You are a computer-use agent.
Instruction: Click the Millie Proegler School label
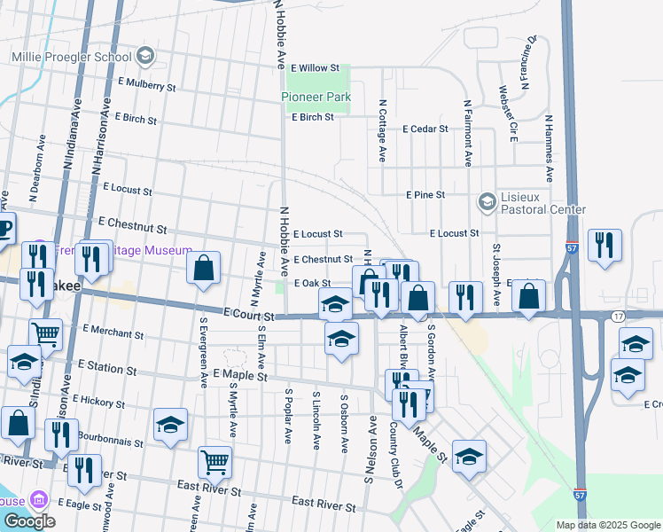[x=71, y=57]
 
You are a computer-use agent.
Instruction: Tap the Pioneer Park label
[x=316, y=97]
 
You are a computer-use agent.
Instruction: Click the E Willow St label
[x=316, y=67]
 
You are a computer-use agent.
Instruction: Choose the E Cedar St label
[x=425, y=129]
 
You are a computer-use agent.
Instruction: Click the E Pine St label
[x=425, y=194]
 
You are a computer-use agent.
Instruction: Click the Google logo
[x=29, y=520]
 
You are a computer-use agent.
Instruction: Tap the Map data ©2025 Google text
[x=608, y=525]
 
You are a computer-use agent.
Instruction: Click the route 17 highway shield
[x=618, y=317]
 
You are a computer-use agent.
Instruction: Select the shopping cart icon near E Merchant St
[x=46, y=335]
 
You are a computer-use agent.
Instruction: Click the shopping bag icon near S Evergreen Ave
[x=203, y=267]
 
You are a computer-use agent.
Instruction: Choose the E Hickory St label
[x=99, y=402]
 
